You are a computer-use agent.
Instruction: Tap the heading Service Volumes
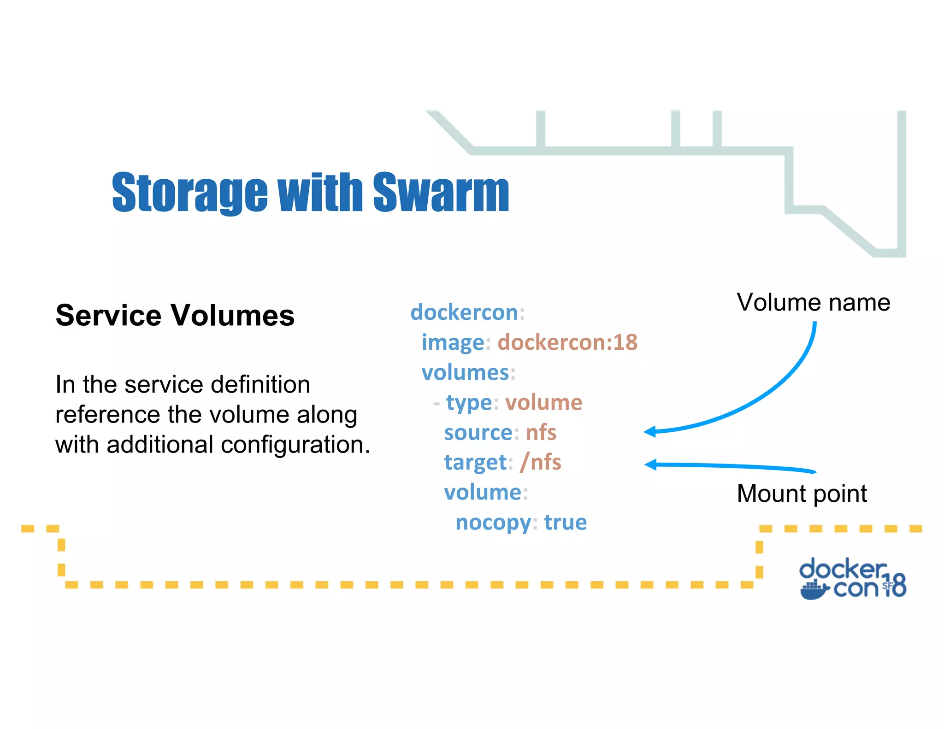pos(175,316)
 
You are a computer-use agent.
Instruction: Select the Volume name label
pos(813,303)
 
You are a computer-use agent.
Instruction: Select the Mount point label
pos(802,494)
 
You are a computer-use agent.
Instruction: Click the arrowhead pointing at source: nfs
pos(650,432)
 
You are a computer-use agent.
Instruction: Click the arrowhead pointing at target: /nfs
pos(650,464)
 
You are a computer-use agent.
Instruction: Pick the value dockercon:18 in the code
pos(567,342)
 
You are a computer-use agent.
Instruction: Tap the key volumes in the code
pos(465,372)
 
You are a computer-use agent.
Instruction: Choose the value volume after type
pos(544,402)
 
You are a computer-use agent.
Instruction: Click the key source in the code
pos(478,433)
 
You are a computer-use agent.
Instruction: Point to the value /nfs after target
pos(540,462)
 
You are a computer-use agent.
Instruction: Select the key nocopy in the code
pos(493,523)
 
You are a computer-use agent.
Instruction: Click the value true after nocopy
pos(565,523)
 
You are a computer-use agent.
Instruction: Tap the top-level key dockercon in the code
pos(464,312)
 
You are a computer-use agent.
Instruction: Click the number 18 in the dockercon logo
pos(896,585)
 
